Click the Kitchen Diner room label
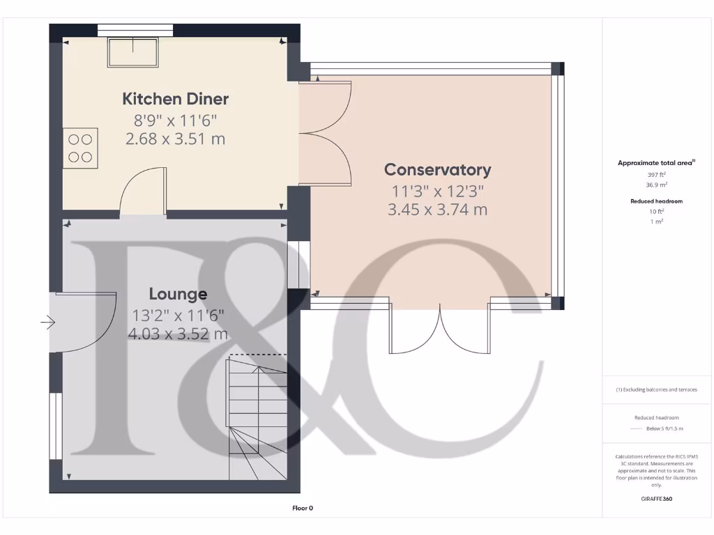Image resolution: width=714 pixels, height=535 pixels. click(x=176, y=99)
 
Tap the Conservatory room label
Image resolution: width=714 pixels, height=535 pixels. click(x=438, y=169)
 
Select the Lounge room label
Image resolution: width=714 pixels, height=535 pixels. click(x=178, y=294)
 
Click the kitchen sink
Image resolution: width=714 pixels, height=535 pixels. click(x=133, y=52)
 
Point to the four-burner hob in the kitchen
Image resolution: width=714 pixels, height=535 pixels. click(x=81, y=148)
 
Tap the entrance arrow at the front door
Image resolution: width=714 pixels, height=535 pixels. click(x=47, y=323)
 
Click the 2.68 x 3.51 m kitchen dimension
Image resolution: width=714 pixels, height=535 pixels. click(x=176, y=139)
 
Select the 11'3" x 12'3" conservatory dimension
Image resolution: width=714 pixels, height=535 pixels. click(x=437, y=189)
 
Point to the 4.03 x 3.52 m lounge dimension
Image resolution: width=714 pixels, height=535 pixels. click(x=178, y=334)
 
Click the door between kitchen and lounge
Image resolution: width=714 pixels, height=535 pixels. click(x=143, y=192)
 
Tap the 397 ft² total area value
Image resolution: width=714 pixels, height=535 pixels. click(x=656, y=174)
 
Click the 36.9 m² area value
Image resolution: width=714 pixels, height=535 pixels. click(x=656, y=185)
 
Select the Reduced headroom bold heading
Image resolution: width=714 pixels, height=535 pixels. click(x=656, y=201)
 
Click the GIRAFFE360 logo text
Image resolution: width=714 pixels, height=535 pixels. click(x=656, y=499)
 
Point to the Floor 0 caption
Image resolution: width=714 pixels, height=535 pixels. click(x=303, y=509)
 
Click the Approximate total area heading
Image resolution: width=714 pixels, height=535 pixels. click(x=655, y=163)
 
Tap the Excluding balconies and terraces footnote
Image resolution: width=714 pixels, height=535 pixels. click(x=656, y=389)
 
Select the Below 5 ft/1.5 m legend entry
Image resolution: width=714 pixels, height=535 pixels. click(x=664, y=428)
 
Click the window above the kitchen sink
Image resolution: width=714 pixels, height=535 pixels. click(x=135, y=29)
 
